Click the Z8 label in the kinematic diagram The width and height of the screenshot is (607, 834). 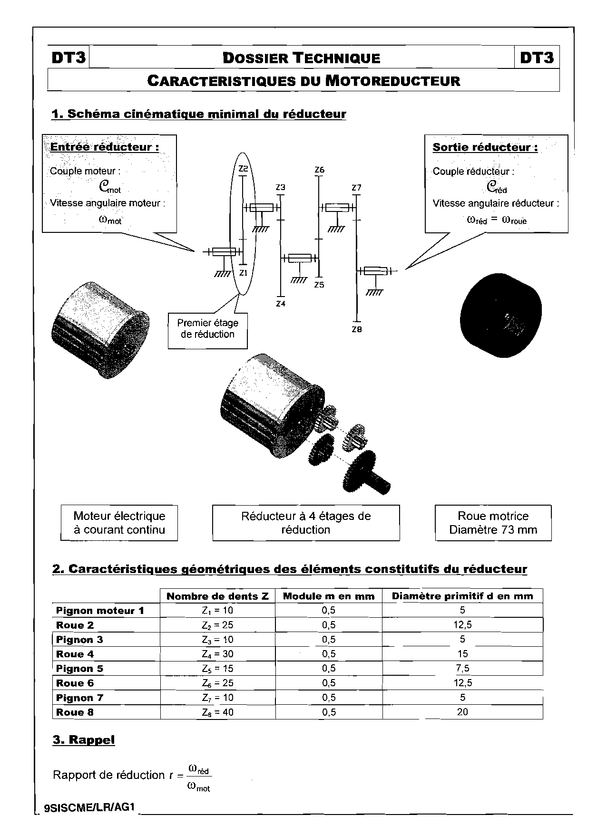tap(357, 329)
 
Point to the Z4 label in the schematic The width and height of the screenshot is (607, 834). tap(281, 304)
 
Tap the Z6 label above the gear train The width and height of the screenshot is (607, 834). tap(319, 170)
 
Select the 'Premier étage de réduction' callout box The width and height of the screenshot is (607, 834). tap(208, 329)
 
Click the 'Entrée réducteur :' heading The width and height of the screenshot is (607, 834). tap(105, 147)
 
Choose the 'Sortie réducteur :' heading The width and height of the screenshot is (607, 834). tap(485, 147)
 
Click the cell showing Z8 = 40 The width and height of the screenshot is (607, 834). tap(217, 712)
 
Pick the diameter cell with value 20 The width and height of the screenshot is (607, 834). tap(462, 712)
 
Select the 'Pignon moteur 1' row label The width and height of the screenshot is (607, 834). tap(100, 611)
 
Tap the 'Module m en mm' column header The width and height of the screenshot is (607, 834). tap(329, 596)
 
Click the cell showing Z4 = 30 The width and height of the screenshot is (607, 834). tap(217, 654)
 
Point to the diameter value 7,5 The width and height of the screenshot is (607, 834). tap(462, 669)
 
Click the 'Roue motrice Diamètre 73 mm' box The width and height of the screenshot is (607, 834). tap(493, 523)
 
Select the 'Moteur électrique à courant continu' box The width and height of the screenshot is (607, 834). tap(119, 523)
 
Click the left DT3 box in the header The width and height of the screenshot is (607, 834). tap(69, 58)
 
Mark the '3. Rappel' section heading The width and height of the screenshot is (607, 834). tap(84, 740)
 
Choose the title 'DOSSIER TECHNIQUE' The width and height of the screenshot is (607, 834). tap(302, 58)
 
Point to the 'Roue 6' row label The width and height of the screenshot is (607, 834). tap(75, 683)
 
